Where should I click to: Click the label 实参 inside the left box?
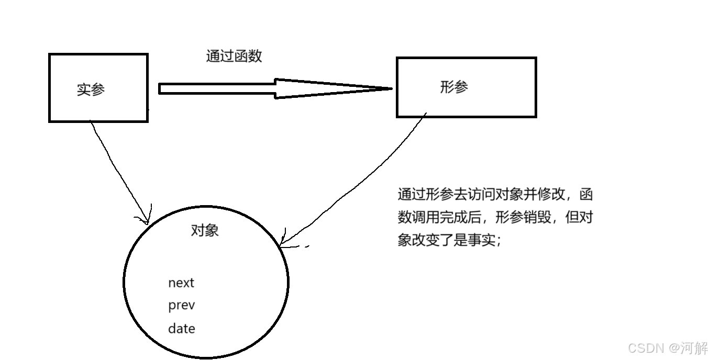[91, 89]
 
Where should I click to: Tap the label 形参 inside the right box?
[454, 87]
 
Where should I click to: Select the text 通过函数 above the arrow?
[234, 56]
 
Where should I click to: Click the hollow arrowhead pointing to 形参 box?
[335, 88]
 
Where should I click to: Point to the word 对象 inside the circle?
[205, 230]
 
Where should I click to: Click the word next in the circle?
[181, 283]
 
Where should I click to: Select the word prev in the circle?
[181, 306]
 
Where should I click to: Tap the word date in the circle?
[181, 329]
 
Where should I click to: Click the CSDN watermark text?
[646, 348]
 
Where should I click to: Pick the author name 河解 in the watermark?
[694, 348]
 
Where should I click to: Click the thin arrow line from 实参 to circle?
[118, 167]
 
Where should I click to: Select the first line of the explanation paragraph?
[495, 195]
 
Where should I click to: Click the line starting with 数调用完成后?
[495, 218]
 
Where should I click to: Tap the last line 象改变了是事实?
[449, 241]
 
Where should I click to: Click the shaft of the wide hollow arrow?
[217, 88]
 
